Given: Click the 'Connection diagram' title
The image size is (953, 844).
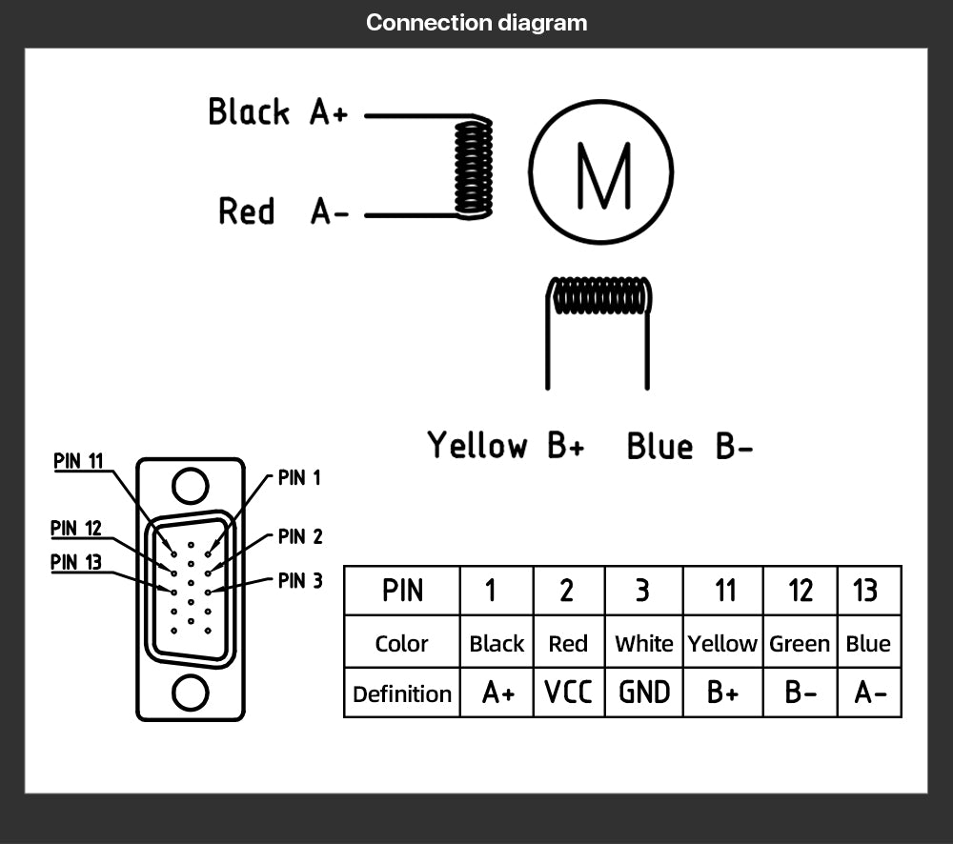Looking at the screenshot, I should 476,23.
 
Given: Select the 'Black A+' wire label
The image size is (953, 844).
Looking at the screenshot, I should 278,112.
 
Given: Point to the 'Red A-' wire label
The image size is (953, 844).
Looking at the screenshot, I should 283,211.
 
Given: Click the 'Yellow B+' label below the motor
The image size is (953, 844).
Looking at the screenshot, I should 505,445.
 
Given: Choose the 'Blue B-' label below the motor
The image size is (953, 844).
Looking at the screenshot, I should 690,446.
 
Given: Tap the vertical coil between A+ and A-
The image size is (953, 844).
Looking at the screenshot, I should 473,167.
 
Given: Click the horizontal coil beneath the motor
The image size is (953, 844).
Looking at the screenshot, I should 600,296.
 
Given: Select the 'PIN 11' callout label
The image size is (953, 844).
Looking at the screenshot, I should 78,461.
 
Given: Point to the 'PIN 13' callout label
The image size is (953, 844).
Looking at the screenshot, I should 76,562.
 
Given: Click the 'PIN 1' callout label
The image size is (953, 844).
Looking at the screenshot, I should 299,478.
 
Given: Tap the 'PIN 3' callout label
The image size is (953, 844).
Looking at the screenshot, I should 300,580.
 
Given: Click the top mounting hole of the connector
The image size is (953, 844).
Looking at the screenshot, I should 191,486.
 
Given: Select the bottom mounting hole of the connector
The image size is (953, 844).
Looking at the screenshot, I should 191,692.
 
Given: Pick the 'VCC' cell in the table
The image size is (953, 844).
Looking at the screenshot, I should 568,693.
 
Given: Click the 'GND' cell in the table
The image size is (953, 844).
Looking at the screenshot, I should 644,693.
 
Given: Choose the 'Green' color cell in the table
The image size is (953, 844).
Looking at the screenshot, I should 800,644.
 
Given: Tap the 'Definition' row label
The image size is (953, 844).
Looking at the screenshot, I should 401,693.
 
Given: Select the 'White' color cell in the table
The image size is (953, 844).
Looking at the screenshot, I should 644,644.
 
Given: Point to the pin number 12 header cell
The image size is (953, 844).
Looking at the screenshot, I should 800,591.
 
